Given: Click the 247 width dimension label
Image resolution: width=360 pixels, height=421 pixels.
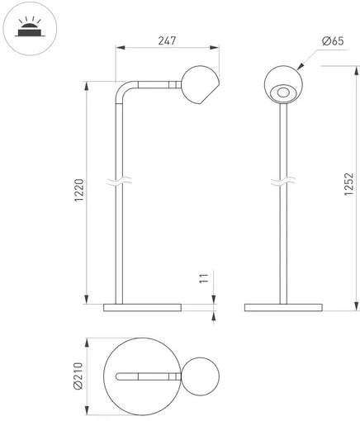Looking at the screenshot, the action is (x=167, y=40).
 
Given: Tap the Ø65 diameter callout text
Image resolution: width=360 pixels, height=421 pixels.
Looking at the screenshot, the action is (x=333, y=41).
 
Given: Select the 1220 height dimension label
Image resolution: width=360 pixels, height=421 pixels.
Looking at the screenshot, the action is (x=79, y=190).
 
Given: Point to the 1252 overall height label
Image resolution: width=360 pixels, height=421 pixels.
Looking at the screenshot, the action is (x=348, y=184).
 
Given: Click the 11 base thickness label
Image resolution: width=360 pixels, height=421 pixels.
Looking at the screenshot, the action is (x=204, y=279).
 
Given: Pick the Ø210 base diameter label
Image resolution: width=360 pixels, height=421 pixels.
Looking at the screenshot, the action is (x=78, y=376).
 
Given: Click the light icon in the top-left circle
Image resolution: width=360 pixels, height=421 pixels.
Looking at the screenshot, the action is (x=29, y=27).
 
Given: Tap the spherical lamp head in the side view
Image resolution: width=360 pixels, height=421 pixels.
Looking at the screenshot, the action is (x=200, y=85).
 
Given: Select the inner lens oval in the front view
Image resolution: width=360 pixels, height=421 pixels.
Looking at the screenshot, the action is (x=283, y=92).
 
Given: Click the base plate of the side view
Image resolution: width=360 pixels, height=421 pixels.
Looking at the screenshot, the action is (x=142, y=308).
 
